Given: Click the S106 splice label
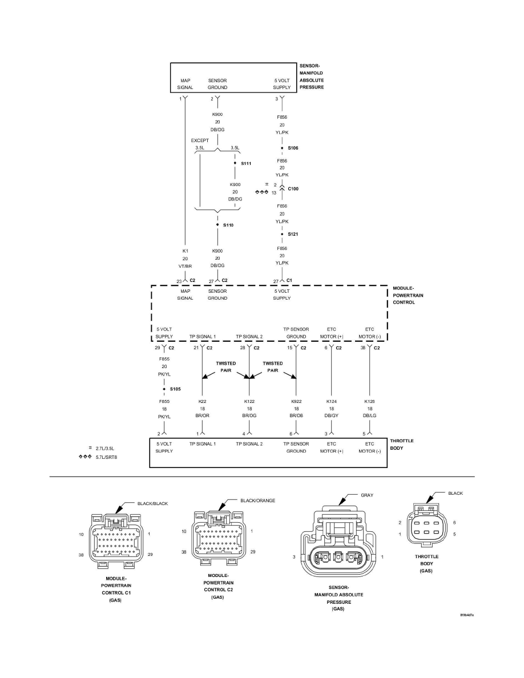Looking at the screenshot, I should click(293, 148).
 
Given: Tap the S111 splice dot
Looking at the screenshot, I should click(235, 164).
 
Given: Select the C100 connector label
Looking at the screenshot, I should click(294, 188).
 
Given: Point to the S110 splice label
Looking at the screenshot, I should click(228, 225).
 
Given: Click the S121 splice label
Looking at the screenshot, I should click(293, 235).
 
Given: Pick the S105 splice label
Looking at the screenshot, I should click(175, 389).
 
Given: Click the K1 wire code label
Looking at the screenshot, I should click(185, 251).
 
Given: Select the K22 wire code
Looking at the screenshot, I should click(203, 402).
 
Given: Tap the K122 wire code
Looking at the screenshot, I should click(249, 402).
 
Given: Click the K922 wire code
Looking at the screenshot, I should click(296, 402).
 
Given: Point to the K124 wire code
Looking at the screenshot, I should click(332, 402).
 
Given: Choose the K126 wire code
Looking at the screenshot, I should click(369, 402).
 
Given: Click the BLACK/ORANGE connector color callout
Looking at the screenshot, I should click(258, 501).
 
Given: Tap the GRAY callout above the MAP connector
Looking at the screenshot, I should click(366, 495).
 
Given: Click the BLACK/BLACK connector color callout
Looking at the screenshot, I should click(152, 503).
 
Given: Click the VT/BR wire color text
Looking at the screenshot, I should click(185, 265).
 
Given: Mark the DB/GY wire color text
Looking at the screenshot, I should click(332, 417).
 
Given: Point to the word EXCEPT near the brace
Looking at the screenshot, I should click(199, 139).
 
